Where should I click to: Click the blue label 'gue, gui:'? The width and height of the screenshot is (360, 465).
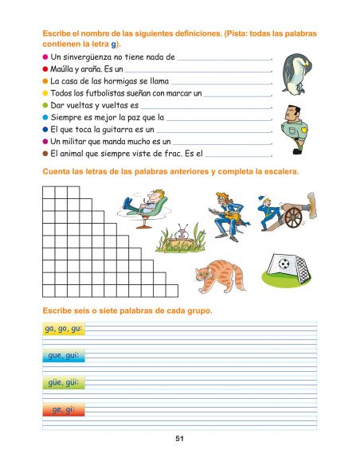point(60,355)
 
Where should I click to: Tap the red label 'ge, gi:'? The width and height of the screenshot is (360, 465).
point(60,410)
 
